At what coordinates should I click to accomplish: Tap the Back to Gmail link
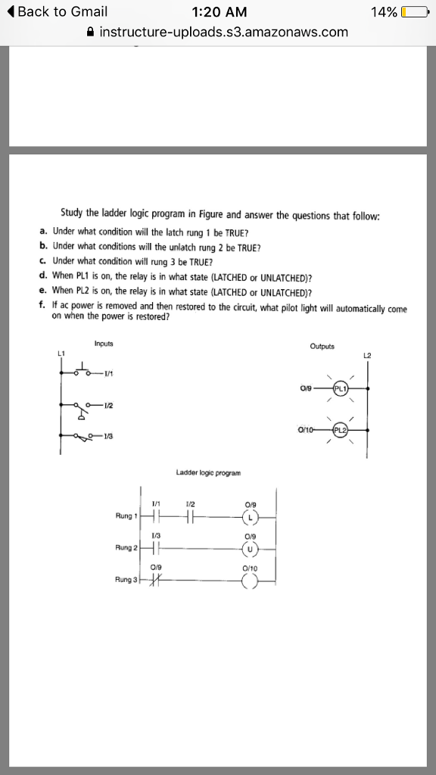pyautogui.click(x=58, y=12)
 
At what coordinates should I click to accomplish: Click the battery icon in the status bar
pyautogui.click(x=415, y=12)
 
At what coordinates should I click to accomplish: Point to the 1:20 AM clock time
pyautogui.click(x=217, y=12)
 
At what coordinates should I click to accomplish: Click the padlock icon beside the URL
pyautogui.click(x=91, y=32)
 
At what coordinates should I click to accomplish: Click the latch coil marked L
pyautogui.click(x=251, y=518)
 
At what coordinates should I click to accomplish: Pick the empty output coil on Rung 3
pyautogui.click(x=251, y=580)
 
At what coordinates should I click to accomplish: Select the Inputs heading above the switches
pyautogui.click(x=104, y=344)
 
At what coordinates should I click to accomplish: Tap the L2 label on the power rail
pyautogui.click(x=369, y=355)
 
